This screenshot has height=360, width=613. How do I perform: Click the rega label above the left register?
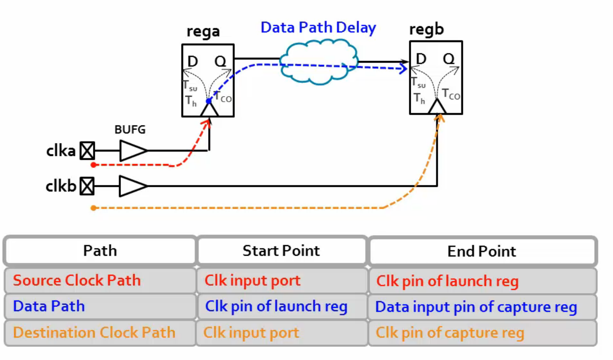[203, 32]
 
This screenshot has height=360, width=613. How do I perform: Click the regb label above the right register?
[427, 30]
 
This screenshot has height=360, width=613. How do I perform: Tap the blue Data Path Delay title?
[318, 27]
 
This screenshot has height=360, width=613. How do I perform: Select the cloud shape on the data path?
[319, 62]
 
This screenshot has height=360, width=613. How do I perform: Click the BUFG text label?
[130, 130]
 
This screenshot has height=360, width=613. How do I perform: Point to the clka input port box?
[87, 151]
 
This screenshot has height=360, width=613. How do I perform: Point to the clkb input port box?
[87, 186]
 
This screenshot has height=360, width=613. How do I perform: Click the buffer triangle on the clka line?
[132, 151]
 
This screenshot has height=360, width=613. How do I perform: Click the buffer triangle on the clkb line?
[132, 186]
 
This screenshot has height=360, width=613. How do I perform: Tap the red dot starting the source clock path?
[93, 164]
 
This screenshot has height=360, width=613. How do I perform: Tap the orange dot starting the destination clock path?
[93, 208]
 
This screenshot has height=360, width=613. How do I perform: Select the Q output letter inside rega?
[221, 62]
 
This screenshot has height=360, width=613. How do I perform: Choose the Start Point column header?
[281, 251]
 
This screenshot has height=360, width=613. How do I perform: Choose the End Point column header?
[482, 251]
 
